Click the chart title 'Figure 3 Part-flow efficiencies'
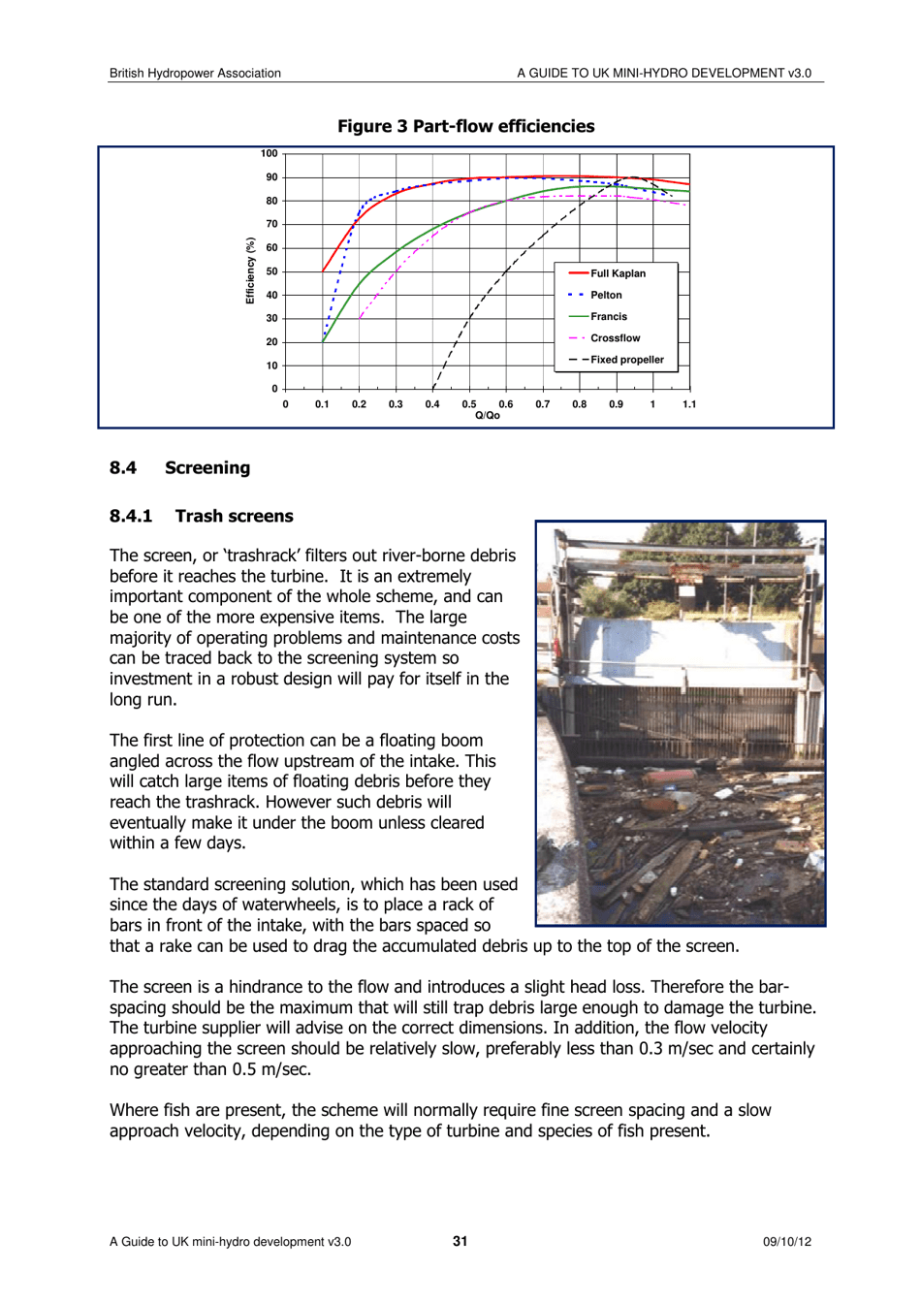(465, 126)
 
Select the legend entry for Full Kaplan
(617, 273)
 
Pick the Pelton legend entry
(606, 295)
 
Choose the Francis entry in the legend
(608, 316)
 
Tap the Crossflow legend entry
(615, 338)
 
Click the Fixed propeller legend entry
(626, 360)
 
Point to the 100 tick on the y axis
(269, 153)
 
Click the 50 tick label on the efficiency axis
(271, 271)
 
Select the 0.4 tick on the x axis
(432, 404)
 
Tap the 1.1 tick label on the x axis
(688, 404)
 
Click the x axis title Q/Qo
(488, 416)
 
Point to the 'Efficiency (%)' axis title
(250, 271)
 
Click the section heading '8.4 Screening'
(180, 468)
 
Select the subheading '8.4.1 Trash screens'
(202, 516)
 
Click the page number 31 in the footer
(460, 1241)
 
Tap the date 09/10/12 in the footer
(786, 1242)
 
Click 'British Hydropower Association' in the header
(195, 73)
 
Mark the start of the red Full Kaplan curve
(323, 271)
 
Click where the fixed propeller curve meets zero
(432, 389)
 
